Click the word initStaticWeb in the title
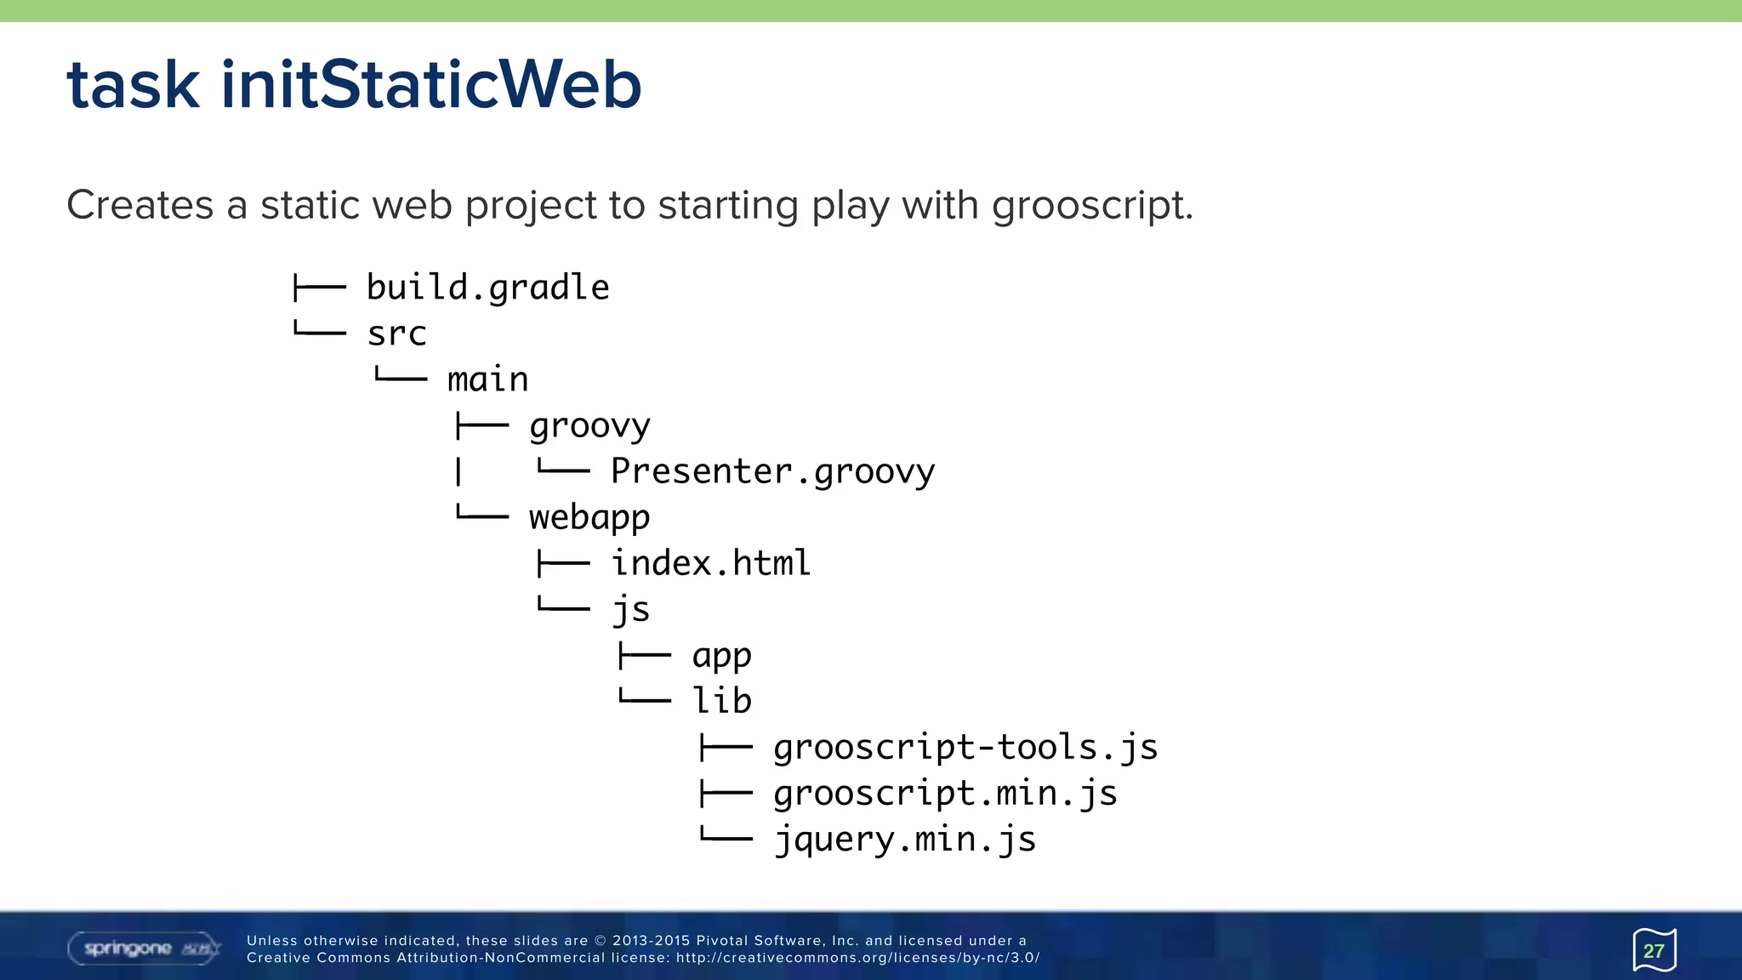coord(430,85)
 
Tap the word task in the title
coord(134,85)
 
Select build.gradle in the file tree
coord(487,288)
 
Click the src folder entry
coord(396,333)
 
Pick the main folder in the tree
coord(487,379)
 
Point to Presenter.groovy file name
coord(772,471)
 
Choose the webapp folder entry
coord(589,517)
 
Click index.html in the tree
coord(710,563)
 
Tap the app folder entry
coord(721,655)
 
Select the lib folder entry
coord(721,701)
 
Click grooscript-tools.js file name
coord(965,747)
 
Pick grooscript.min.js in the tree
coord(945,793)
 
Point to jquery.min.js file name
coord(905,840)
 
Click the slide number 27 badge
coord(1654,950)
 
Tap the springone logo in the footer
coord(143,949)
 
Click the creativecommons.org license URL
coord(857,958)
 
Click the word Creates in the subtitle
coord(139,205)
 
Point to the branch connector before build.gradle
coord(319,288)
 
